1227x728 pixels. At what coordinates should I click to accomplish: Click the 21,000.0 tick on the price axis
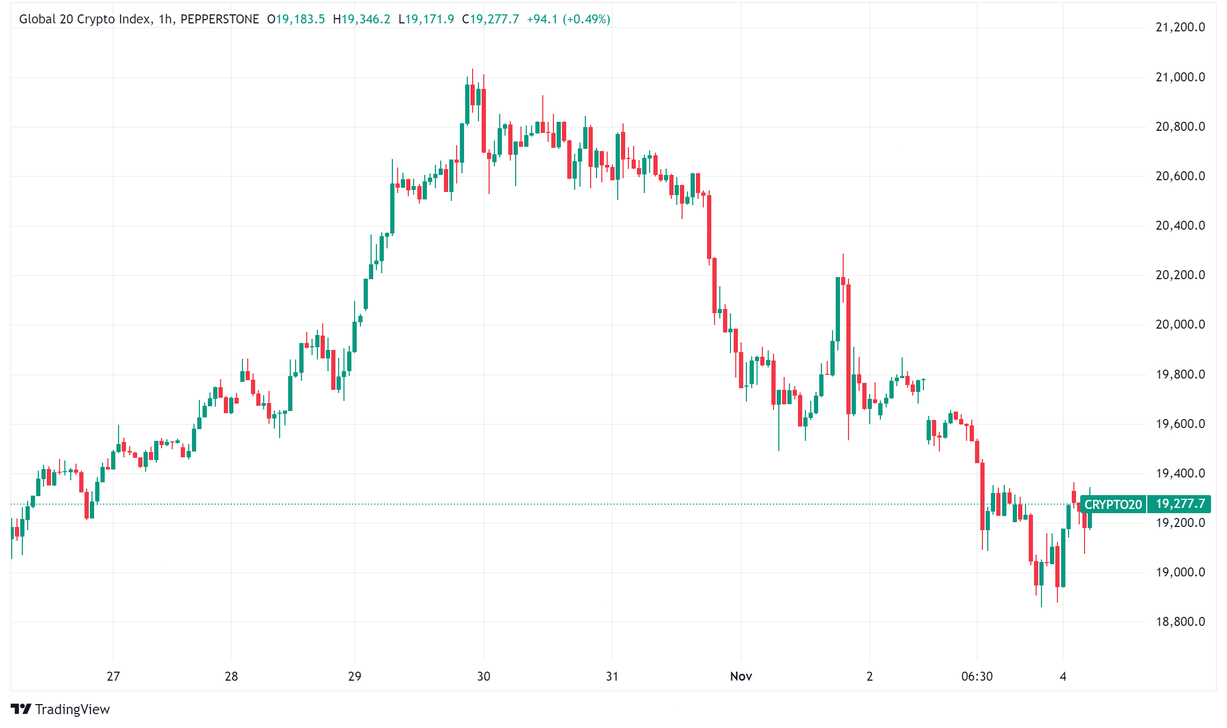point(1180,77)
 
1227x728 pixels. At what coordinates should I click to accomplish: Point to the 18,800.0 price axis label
point(1180,622)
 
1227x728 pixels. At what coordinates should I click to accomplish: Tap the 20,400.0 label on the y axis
point(1180,225)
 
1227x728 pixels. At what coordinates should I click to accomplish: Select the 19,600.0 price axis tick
point(1180,424)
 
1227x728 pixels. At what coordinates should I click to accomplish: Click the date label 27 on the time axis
point(113,676)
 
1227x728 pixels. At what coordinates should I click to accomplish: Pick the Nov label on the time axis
point(741,676)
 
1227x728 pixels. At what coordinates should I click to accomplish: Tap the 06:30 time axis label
point(977,676)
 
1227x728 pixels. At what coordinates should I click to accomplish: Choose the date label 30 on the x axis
point(483,676)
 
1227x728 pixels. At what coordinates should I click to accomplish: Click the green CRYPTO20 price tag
point(1113,504)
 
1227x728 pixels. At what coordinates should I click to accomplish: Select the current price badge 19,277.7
point(1180,504)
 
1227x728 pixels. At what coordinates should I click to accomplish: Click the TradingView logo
point(60,709)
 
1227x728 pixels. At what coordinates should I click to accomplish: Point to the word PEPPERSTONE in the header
point(220,19)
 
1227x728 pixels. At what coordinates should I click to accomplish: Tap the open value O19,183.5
point(296,19)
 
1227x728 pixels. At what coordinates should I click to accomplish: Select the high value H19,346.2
point(362,19)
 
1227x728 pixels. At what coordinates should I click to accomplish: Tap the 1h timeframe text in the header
point(165,19)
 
